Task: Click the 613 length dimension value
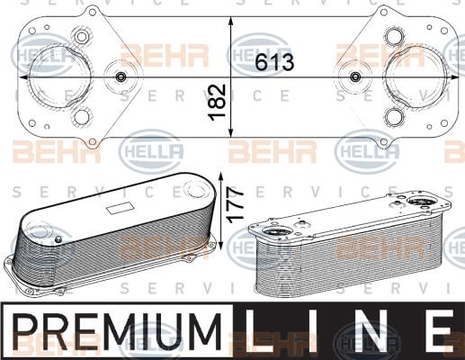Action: (274, 62)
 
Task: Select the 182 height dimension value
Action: (217, 103)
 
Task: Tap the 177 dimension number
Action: (236, 205)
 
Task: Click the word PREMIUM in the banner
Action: (118, 332)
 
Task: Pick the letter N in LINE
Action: (376, 331)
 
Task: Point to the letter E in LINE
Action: (439, 331)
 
